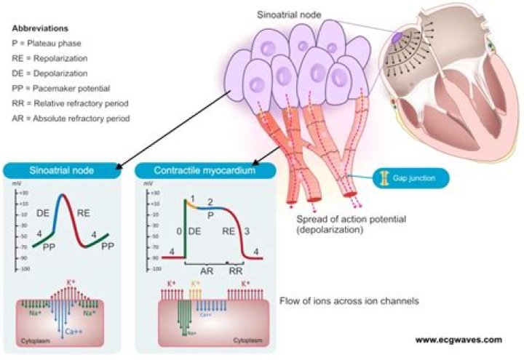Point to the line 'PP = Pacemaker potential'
[59, 88]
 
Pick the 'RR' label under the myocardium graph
[236, 267]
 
